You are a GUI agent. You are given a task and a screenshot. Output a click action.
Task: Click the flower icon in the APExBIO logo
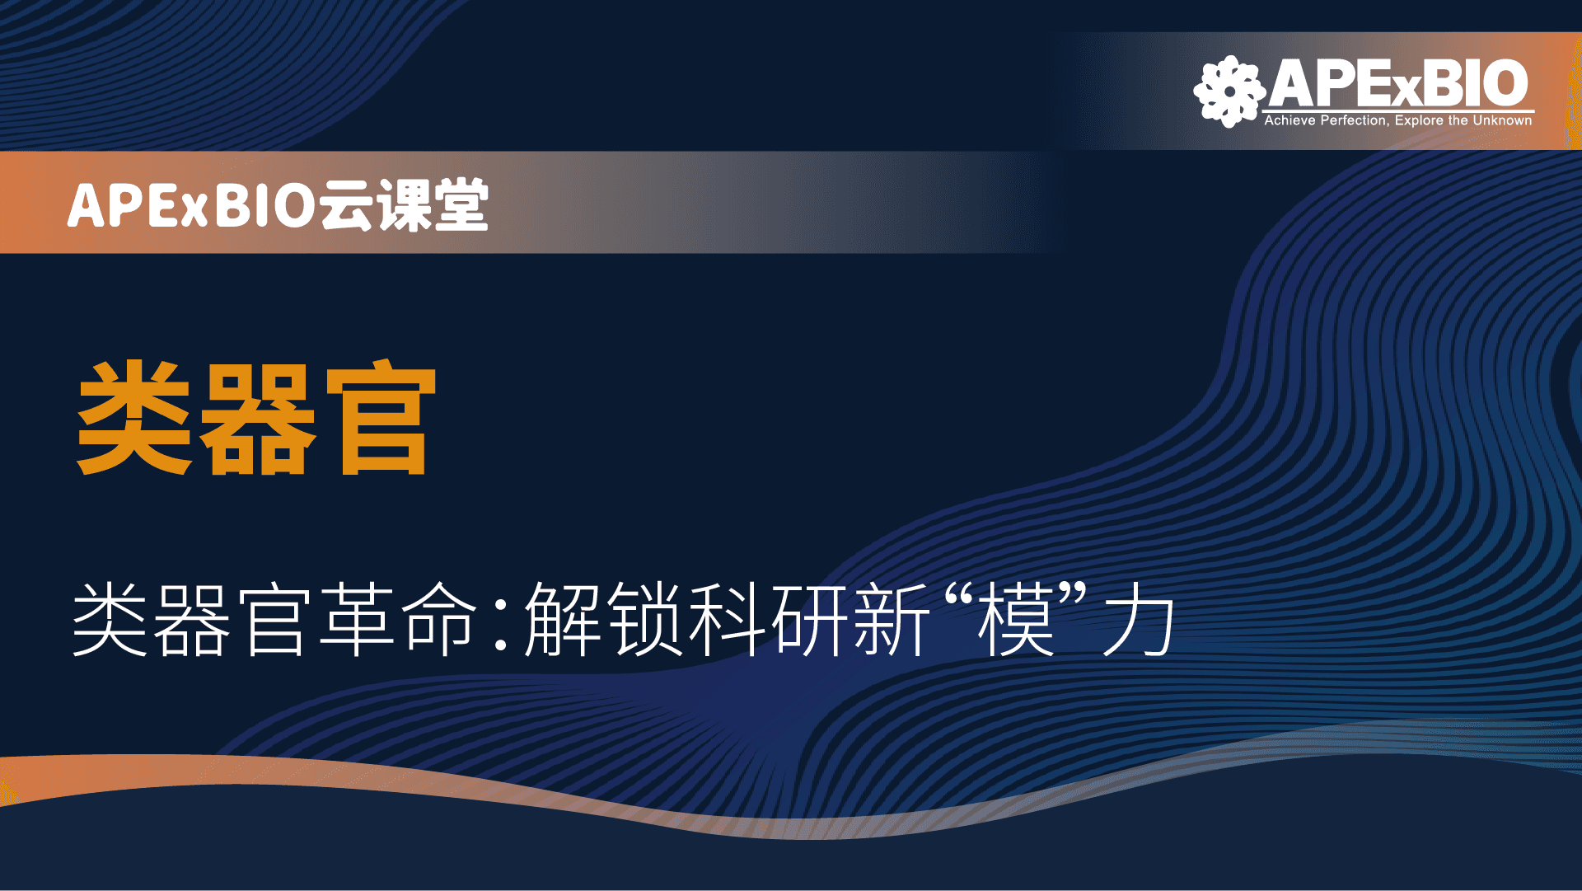[1229, 91]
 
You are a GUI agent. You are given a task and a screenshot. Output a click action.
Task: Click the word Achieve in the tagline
[1290, 120]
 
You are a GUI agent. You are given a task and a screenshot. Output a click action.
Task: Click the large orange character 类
[133, 418]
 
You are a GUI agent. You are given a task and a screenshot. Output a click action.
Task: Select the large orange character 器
[257, 420]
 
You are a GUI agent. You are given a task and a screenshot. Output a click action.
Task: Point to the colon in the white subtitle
[500, 626]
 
